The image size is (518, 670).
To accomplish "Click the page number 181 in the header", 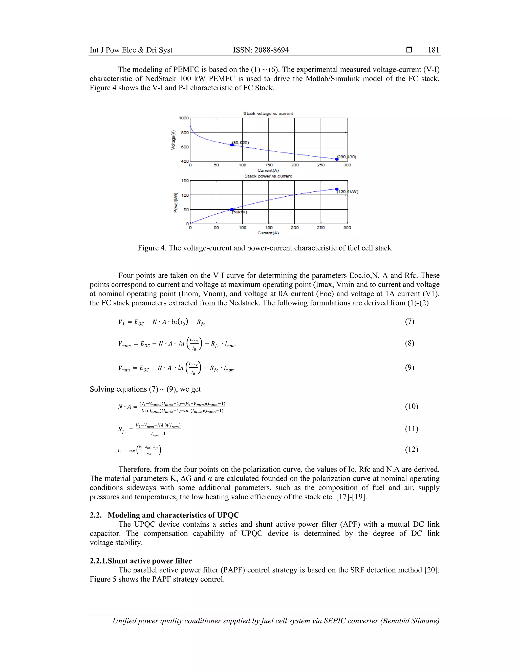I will (x=433, y=50).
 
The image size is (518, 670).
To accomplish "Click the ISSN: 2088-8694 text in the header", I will (x=261, y=50).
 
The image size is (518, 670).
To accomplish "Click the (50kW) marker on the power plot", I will (x=232, y=210).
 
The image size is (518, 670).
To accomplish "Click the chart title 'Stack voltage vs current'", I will (x=268, y=114).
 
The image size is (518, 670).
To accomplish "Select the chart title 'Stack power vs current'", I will (x=268, y=176).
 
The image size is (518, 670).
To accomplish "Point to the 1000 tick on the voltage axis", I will (x=184, y=118).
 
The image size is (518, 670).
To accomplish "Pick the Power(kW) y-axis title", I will (x=176, y=203).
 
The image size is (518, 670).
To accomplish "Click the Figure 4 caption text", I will (x=264, y=248).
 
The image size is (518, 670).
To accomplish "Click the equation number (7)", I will (x=409, y=322).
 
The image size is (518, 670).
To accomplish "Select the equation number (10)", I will (x=411, y=407).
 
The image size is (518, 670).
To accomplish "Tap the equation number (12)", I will (x=411, y=450).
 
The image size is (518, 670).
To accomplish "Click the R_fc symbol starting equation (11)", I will (x=122, y=430).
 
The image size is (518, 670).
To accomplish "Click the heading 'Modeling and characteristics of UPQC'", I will (x=173, y=515).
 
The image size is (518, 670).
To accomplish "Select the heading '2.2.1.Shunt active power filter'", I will (x=141, y=561).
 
